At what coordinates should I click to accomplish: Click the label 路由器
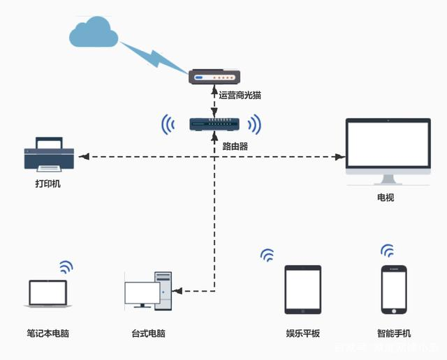235,147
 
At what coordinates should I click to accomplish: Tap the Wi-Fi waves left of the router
168,125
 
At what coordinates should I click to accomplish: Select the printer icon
48,155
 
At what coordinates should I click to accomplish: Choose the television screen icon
388,147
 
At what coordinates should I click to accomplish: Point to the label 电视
386,197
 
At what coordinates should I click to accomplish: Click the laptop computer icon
47,294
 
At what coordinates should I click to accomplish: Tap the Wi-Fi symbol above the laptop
66,267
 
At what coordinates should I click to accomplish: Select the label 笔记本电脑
47,333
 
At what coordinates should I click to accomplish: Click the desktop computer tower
163,291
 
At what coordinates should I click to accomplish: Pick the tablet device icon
302,290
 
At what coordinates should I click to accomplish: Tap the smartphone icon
393,290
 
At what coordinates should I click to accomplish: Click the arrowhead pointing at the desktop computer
177,290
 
